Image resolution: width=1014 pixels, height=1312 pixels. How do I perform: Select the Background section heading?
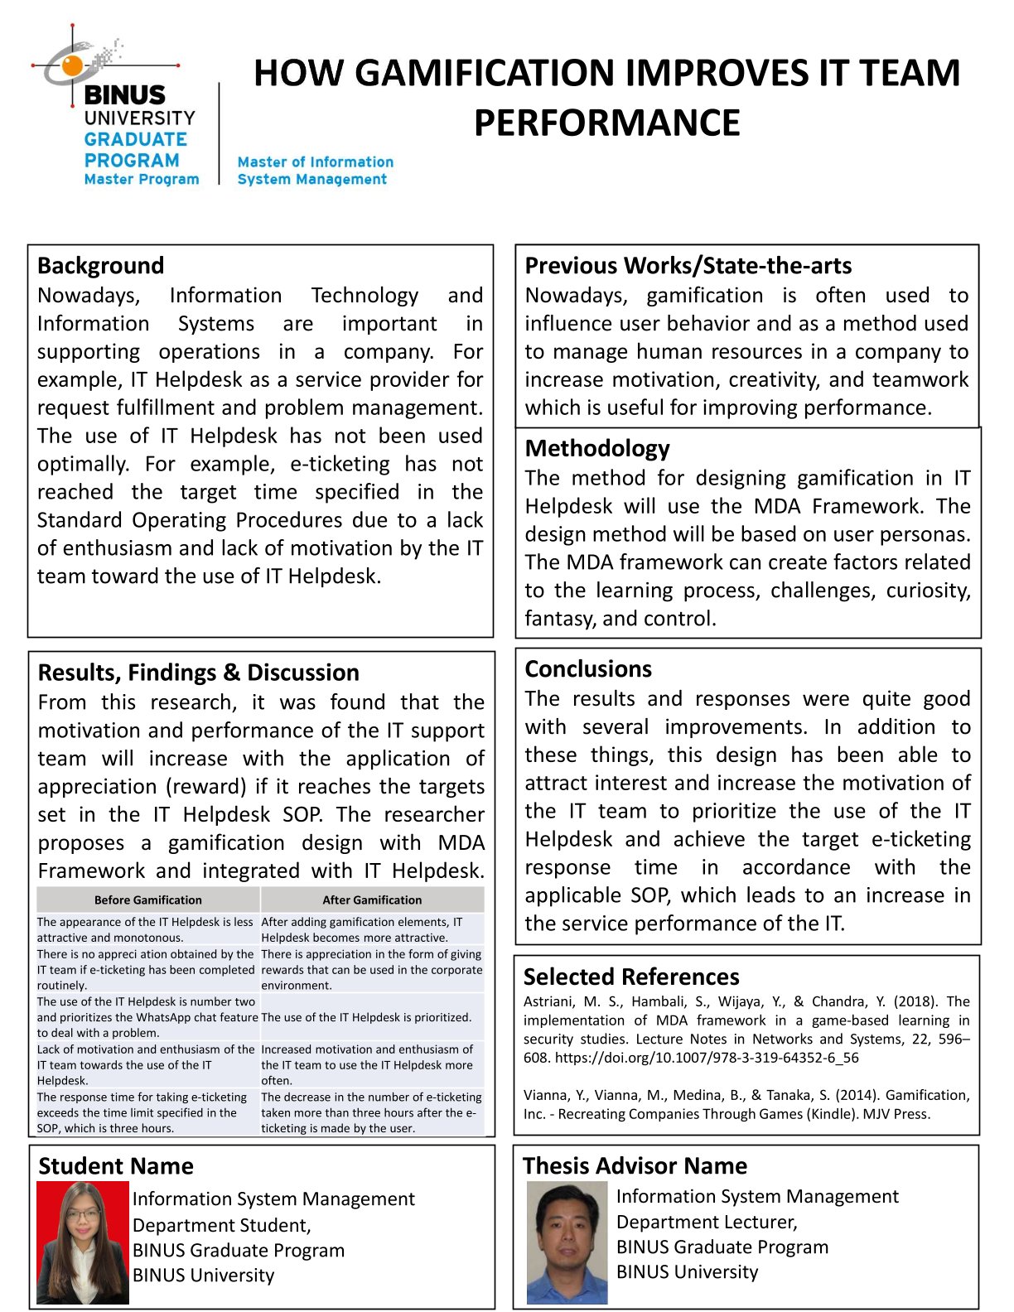pos(100,266)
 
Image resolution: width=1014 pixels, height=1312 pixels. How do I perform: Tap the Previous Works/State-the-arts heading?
pos(688,266)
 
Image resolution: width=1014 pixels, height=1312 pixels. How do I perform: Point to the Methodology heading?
pos(596,449)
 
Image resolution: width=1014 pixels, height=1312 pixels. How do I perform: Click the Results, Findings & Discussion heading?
pos(198,673)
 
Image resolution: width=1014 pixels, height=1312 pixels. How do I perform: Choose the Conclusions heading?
pos(588,669)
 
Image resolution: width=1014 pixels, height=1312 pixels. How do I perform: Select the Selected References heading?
pos(631,977)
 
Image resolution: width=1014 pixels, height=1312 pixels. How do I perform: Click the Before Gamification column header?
pos(147,900)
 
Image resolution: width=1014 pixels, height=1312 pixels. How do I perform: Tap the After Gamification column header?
pos(372,900)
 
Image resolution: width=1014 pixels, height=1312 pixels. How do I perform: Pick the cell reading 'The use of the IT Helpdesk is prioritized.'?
pos(366,1017)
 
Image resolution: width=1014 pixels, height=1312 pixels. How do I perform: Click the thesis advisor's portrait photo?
pos(567,1242)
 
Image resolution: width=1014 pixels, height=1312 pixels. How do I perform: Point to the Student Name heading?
pos(115,1167)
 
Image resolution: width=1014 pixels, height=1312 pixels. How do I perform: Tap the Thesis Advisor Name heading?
pos(635,1166)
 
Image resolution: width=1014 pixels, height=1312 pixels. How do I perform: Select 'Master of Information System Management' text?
pos(315,171)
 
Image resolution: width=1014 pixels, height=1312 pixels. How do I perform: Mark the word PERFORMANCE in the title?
pos(606,123)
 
